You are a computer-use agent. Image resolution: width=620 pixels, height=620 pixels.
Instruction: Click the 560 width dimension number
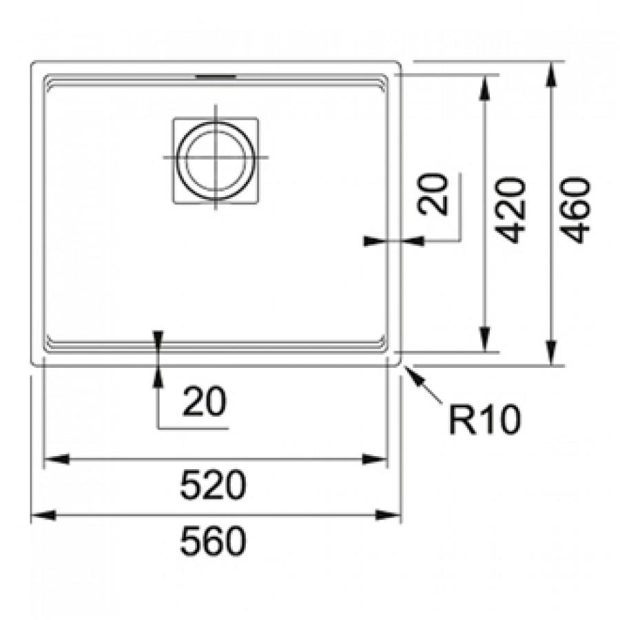point(213,541)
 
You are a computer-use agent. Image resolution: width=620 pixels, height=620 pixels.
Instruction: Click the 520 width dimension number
point(213,485)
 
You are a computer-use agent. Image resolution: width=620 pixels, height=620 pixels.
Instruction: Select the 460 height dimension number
point(576,210)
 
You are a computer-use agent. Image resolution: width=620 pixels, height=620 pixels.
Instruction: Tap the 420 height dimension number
point(512,210)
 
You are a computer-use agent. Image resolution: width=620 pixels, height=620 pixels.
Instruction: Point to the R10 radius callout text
point(485,420)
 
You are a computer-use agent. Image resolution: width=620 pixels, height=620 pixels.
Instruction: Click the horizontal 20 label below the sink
point(205,402)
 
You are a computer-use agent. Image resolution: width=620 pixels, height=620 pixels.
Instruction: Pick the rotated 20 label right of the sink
point(433,194)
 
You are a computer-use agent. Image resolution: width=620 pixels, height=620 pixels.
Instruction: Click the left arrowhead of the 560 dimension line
point(43,515)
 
